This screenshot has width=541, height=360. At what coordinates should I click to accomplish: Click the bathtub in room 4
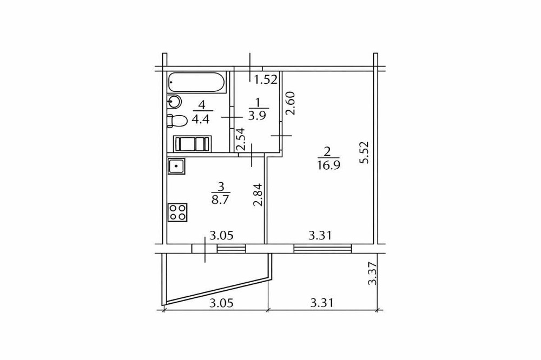click(196, 83)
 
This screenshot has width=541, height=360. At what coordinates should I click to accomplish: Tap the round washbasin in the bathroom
click(174, 101)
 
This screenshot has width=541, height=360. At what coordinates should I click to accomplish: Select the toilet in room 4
click(176, 121)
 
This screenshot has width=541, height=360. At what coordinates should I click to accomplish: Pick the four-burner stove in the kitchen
click(178, 211)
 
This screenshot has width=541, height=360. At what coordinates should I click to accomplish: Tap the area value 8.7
click(220, 199)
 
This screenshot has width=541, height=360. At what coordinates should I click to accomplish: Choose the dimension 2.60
click(290, 103)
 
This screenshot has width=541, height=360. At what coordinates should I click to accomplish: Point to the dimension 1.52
click(266, 81)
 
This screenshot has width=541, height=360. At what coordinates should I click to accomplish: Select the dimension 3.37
click(372, 274)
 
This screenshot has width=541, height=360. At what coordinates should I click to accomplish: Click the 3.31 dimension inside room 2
click(320, 235)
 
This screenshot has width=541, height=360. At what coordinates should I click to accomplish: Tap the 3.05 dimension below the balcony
click(221, 303)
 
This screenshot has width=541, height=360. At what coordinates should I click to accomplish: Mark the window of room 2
click(322, 248)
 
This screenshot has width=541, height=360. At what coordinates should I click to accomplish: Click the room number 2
click(327, 151)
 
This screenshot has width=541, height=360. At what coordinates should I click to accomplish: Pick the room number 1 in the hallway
click(258, 102)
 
